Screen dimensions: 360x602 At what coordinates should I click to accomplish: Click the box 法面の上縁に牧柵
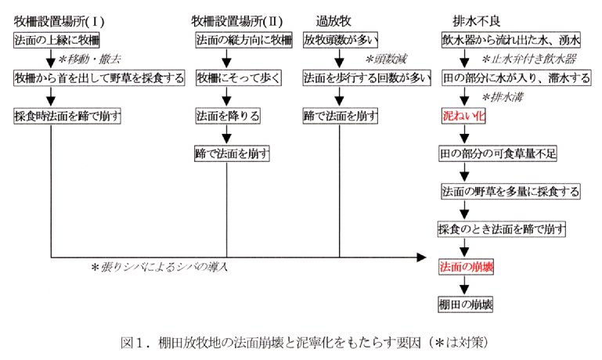coord(57,38)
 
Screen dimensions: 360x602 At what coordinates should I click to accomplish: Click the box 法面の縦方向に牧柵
coord(243,38)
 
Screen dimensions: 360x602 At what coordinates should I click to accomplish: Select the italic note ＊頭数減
coord(380,58)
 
